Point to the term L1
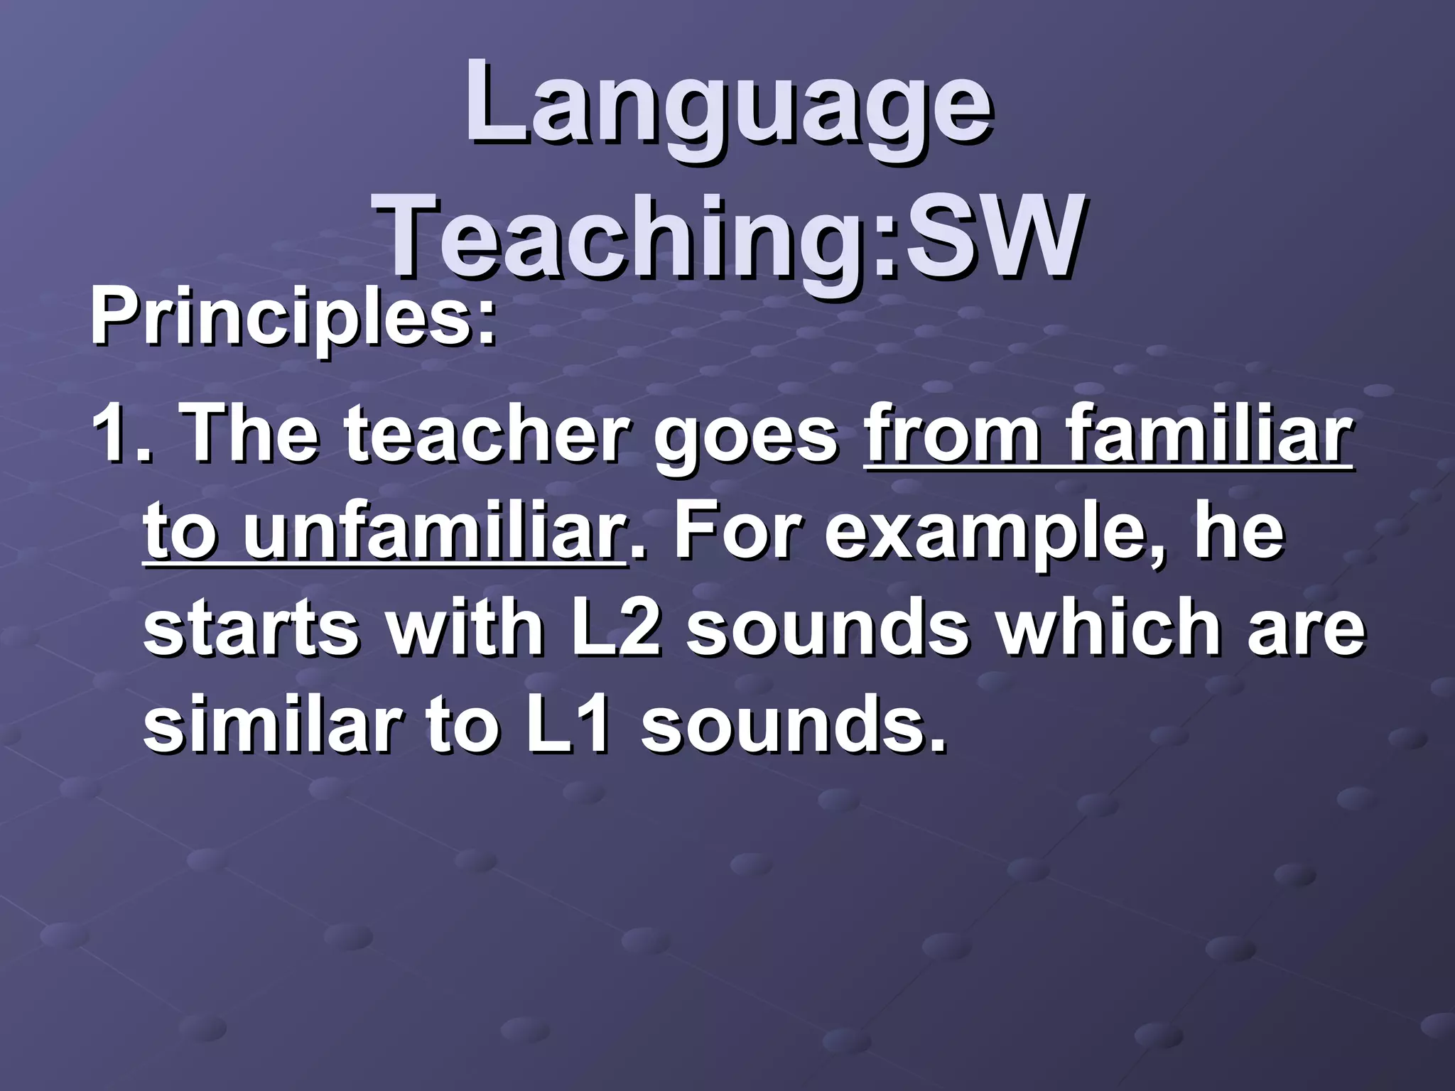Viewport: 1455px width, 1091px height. click(x=568, y=727)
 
